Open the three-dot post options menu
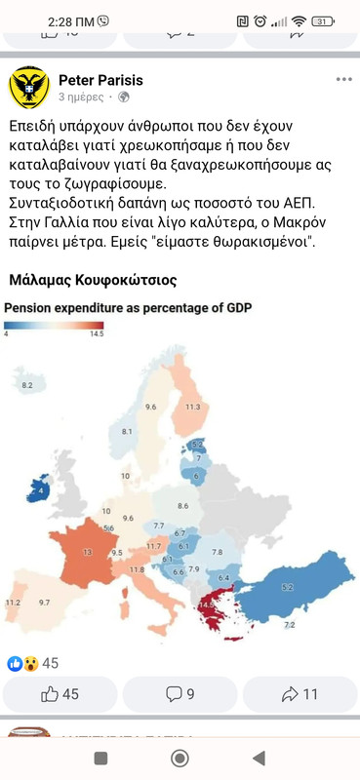343,79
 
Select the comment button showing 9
180,694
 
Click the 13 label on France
88,552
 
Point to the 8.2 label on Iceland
27,386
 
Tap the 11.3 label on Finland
193,407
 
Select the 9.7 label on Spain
44,604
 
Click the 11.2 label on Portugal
13,604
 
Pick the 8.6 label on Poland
182,506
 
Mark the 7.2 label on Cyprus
289,624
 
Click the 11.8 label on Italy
137,569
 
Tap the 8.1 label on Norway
127,431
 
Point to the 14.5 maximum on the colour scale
96,333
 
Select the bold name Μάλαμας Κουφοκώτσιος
93,280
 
